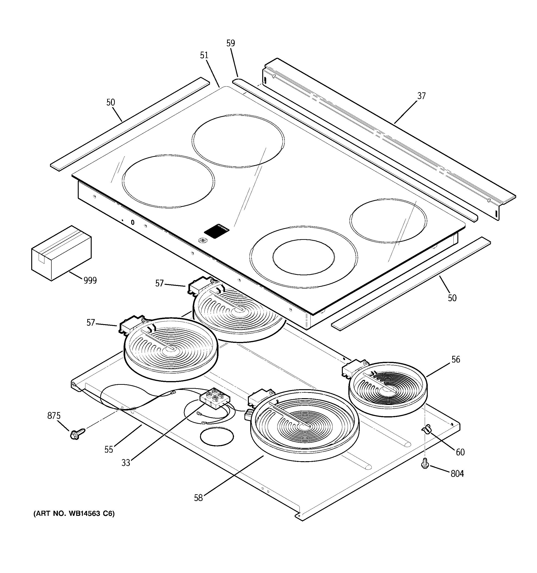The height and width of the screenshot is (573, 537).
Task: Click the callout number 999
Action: (90, 280)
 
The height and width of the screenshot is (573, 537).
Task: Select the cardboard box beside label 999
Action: (61, 253)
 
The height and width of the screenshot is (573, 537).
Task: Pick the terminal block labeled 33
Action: (215, 398)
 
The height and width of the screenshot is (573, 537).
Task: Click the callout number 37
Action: (421, 96)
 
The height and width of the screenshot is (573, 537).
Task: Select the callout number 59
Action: (231, 43)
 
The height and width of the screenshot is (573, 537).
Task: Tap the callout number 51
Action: (204, 55)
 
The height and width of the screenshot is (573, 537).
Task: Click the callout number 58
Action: (198, 498)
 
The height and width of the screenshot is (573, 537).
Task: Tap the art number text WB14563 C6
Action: (74, 514)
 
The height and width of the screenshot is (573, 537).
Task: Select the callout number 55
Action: (109, 450)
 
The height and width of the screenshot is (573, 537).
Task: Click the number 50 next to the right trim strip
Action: (452, 298)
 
